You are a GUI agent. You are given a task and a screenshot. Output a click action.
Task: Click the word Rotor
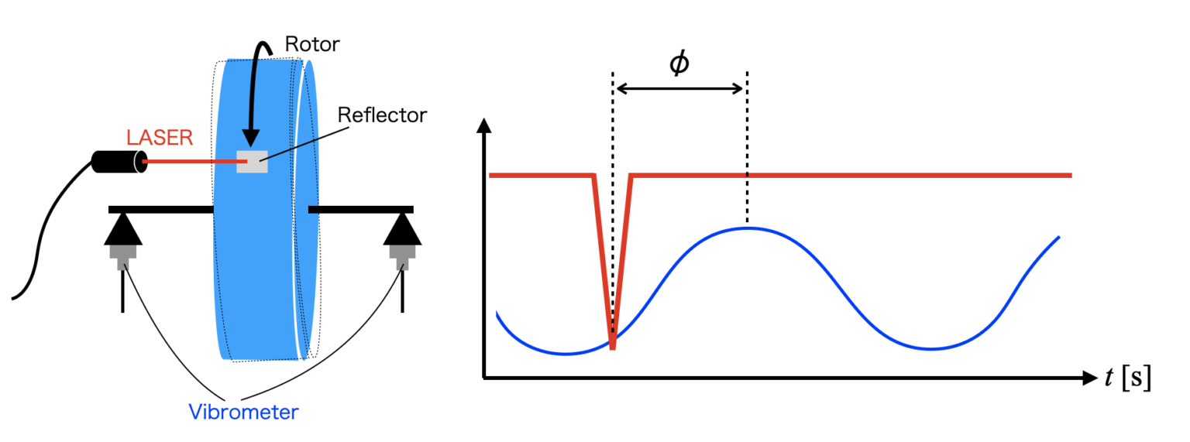pos(312,44)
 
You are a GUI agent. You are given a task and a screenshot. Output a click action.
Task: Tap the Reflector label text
pos(382,115)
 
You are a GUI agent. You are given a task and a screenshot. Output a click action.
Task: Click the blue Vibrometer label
pos(243,412)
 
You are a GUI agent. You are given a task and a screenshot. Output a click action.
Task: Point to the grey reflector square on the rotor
pos(253,161)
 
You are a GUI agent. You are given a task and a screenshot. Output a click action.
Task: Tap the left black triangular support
pos(124,230)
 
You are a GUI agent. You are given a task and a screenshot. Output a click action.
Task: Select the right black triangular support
pos(402,230)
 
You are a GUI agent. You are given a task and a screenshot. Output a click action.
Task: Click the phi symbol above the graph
pos(679,64)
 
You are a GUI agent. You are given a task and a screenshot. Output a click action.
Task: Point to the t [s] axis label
pos(1128,378)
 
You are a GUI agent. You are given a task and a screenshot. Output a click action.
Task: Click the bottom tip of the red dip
pos(613,347)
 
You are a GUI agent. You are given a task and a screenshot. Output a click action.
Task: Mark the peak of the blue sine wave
pos(747,228)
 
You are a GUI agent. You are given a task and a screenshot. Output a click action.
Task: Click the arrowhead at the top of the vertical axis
pos(484,125)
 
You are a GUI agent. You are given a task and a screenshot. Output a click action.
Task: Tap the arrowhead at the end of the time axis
pos(1089,379)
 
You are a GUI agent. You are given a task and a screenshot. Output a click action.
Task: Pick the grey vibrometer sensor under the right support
pos(402,255)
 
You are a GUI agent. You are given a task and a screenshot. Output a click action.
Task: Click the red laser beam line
pos(190,162)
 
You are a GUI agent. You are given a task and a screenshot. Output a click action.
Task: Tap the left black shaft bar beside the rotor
pos(160,209)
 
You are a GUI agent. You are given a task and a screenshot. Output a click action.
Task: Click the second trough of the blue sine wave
pos(930,349)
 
